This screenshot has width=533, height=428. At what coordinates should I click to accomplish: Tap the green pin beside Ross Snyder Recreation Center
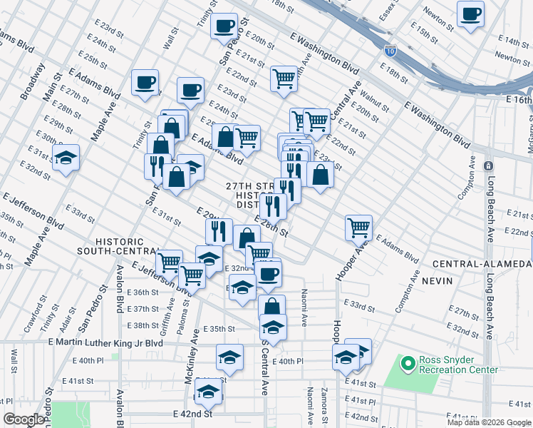click(x=408, y=365)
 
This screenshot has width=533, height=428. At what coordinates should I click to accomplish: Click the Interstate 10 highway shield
click(x=389, y=51)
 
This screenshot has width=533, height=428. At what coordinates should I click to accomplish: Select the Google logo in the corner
click(x=24, y=419)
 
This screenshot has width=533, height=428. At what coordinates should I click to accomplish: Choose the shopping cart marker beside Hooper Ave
click(x=358, y=228)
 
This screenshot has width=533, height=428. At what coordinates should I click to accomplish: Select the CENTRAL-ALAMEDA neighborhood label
click(x=481, y=264)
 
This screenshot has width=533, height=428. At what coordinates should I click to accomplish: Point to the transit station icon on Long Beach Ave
click(x=488, y=165)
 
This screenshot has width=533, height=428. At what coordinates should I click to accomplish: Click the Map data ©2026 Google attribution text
click(x=488, y=422)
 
